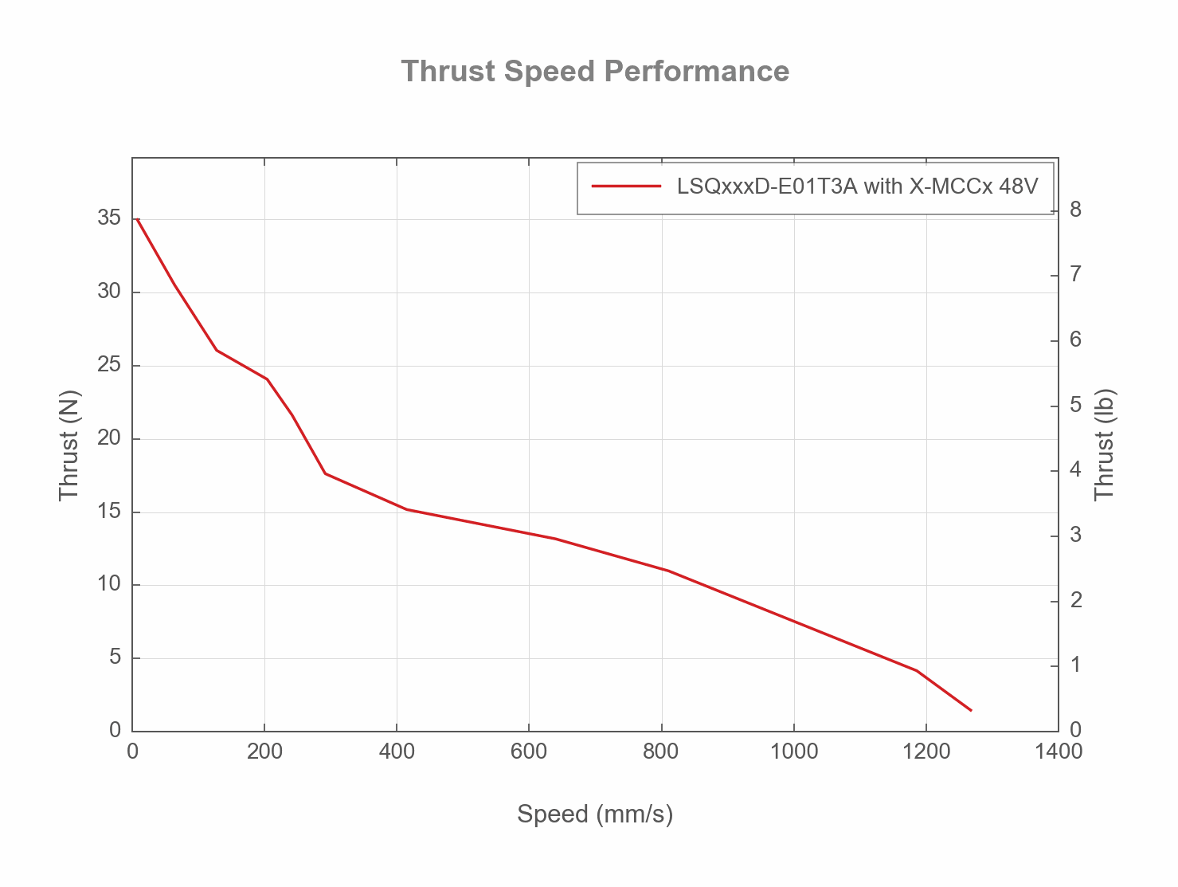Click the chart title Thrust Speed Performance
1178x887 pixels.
595,72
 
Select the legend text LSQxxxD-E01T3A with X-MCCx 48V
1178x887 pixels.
857,186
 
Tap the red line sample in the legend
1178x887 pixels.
626,186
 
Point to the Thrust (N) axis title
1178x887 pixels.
70,445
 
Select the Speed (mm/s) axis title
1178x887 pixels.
595,814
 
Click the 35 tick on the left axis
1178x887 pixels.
109,218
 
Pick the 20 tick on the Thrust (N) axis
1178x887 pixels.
109,438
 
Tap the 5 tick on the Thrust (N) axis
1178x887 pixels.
115,657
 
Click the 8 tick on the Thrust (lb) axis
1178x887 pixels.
1075,210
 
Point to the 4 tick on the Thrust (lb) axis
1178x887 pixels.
1075,470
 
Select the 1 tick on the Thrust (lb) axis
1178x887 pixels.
1075,665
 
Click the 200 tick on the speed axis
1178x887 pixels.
264,752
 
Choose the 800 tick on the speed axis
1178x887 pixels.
661,752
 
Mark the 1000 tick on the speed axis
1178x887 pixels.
794,752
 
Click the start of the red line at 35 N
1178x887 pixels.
138,219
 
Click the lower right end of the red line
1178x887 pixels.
970,709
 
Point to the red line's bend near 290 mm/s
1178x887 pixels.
325,473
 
